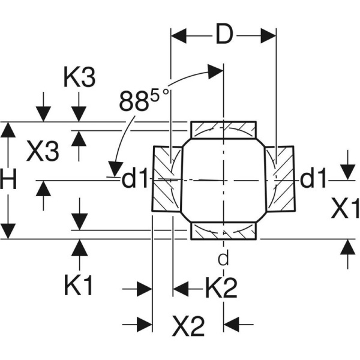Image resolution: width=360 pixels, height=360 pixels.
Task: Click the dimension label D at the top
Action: pos(223,35)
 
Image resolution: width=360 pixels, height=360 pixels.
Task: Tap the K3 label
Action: pos(79,78)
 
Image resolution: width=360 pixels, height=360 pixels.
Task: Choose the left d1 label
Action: pos(134,179)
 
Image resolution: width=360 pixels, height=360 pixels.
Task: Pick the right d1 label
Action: pos(313,179)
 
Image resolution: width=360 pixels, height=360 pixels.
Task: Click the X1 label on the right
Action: pos(346,209)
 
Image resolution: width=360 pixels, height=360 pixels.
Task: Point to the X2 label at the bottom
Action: pos(188,327)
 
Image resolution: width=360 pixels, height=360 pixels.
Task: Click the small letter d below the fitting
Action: pos(223,259)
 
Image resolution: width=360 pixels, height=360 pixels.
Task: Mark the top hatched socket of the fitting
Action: pos(223,129)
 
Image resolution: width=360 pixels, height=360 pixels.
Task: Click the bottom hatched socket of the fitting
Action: pos(223,230)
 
